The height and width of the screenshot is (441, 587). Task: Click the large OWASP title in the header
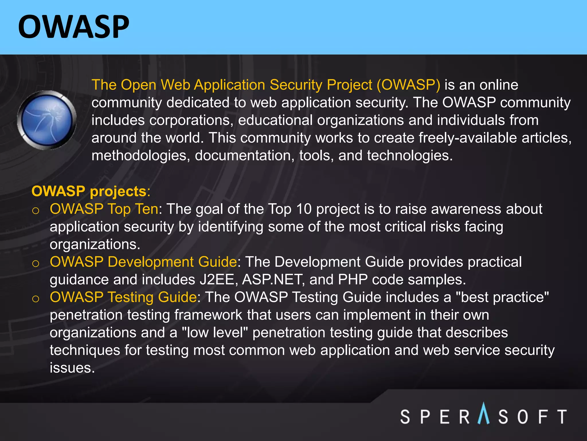point(74,27)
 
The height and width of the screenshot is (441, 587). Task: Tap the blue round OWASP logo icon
point(47,120)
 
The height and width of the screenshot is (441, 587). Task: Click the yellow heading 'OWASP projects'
point(89,191)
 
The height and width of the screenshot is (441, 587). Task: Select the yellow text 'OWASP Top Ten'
point(104,209)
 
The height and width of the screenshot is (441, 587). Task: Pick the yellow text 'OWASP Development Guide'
point(143,262)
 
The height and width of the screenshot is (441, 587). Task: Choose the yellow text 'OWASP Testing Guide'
point(123,297)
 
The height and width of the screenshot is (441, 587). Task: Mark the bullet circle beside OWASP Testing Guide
point(36,299)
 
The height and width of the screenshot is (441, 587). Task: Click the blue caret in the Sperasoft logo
point(484,413)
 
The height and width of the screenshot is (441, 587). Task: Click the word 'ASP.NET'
point(273,280)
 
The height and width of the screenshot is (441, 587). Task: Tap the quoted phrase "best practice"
point(502,297)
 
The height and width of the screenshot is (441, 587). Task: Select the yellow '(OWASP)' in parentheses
point(408,85)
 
